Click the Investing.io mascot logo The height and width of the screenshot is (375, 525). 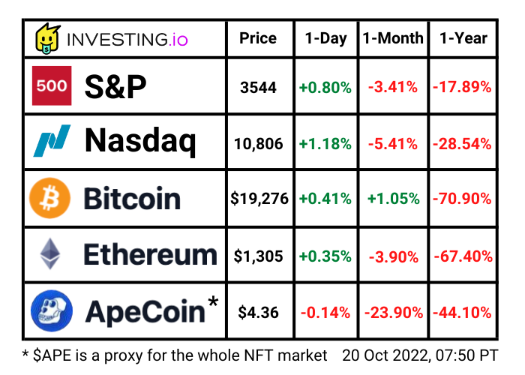click(48, 39)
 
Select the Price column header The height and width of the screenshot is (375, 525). click(258, 38)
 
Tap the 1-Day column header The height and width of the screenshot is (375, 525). click(325, 38)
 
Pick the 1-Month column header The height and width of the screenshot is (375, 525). click(392, 38)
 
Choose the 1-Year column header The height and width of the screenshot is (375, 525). click(463, 38)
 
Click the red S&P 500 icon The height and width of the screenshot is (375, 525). click(51, 87)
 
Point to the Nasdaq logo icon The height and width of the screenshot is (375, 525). click(51, 141)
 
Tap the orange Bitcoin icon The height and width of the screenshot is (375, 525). click(49, 199)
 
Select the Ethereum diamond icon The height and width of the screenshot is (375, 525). click(51, 255)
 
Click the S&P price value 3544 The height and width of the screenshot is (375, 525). click(258, 88)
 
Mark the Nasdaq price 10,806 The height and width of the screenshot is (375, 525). click(258, 143)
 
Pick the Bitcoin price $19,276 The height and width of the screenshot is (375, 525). click(258, 199)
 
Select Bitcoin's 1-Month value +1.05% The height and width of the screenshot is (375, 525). click(392, 199)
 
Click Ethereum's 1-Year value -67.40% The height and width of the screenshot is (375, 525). click(462, 256)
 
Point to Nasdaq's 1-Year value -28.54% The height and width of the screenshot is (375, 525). click(462, 143)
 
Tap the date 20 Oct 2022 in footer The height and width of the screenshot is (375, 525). click(383, 354)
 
